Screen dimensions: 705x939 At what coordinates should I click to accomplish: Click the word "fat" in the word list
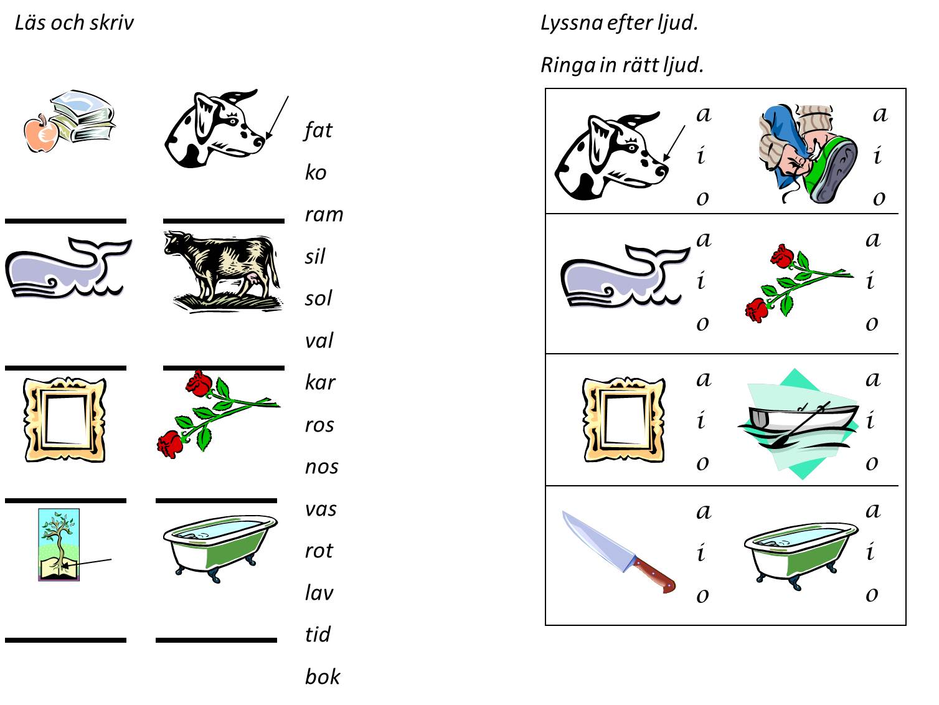point(318,130)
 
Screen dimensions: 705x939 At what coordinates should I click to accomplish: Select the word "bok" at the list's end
point(322,676)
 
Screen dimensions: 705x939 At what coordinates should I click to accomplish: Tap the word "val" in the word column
point(319,341)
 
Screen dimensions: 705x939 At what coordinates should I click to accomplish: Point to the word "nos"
point(321,466)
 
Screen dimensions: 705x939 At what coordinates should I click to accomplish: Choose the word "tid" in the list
point(318,635)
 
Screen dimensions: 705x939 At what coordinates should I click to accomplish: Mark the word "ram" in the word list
point(324,214)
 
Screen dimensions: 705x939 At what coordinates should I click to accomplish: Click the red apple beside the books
point(40,134)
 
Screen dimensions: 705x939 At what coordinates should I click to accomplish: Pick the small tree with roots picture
point(59,544)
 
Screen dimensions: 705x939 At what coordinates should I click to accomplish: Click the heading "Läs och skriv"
point(74,23)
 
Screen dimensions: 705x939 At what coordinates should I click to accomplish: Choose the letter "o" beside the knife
point(702,595)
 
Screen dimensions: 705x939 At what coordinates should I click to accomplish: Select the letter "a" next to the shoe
point(879,114)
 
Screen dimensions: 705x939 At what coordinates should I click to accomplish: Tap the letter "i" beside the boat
point(871,421)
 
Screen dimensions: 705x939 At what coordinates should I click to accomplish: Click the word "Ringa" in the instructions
point(567,65)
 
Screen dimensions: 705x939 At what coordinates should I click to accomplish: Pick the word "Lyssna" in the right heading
point(571,23)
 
